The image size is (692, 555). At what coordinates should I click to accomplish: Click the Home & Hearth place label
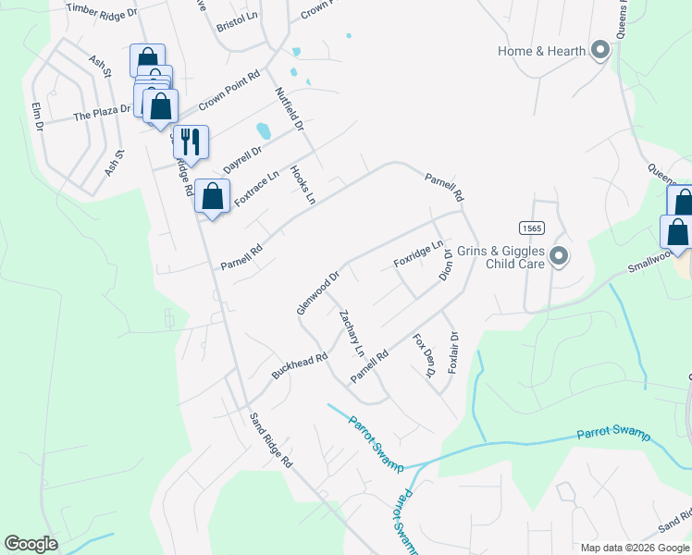coord(541,51)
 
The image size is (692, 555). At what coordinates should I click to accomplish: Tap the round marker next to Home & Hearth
coord(599,51)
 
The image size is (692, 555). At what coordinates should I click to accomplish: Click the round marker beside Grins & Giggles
coord(558,256)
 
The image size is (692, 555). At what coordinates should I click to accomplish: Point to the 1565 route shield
coord(531,228)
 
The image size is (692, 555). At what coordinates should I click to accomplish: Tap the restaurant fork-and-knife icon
coord(191,142)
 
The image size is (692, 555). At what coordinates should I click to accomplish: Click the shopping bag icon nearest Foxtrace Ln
coord(213,196)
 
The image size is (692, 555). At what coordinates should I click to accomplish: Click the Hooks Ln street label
coord(303,184)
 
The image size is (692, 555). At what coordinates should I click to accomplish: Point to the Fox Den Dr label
coord(424,355)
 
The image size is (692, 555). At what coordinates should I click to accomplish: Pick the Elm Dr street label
coord(38,116)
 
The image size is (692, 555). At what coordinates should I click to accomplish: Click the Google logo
coord(31,544)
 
